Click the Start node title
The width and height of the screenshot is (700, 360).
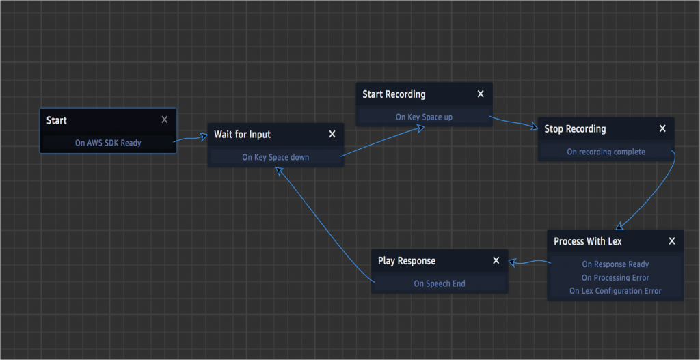tap(57, 120)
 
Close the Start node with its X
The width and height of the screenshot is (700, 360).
tap(165, 120)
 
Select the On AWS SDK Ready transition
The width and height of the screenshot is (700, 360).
tap(108, 143)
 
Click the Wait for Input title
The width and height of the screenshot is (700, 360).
tap(243, 135)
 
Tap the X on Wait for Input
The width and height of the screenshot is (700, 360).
tap(332, 134)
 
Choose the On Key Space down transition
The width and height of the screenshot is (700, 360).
tap(275, 157)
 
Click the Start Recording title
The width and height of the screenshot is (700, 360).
tap(394, 94)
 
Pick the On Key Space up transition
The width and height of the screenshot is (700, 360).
tap(424, 117)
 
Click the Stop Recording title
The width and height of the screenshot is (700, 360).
tap(575, 129)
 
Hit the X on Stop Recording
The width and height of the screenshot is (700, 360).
tap(662, 128)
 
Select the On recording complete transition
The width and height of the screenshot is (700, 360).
tap(606, 152)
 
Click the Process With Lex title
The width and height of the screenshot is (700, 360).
tap(587, 241)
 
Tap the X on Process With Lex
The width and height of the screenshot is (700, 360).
tap(672, 241)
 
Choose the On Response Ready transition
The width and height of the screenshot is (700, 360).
tap(616, 264)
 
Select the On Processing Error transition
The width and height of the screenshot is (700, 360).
tap(616, 277)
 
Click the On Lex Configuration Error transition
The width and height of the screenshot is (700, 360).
tap(616, 291)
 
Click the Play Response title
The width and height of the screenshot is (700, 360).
tap(407, 261)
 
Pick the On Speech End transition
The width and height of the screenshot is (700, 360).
tap(440, 283)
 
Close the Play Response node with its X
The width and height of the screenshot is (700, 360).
tap(496, 260)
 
